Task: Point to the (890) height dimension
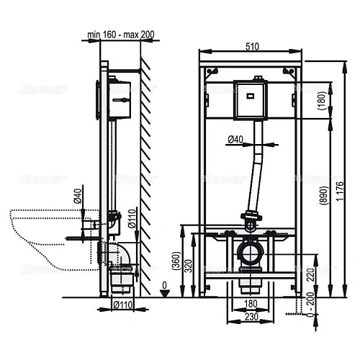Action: coord(328,190)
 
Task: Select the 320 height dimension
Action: coord(188,264)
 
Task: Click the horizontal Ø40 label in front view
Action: coord(235,138)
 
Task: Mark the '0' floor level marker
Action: coord(164,287)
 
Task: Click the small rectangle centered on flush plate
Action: coord(249,93)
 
